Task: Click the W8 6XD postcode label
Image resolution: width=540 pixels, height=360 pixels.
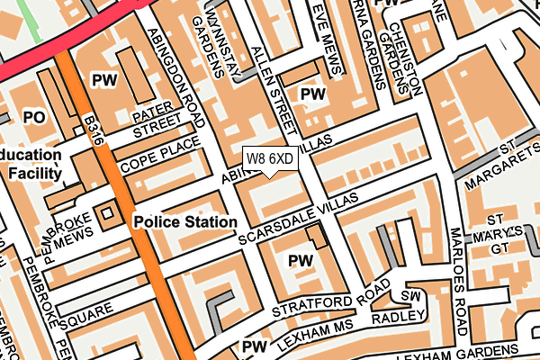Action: coord(269,158)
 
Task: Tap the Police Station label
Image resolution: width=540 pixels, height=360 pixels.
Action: coord(185,220)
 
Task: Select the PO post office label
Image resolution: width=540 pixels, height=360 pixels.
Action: coord(34,117)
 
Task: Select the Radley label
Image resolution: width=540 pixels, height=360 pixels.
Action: coord(394,316)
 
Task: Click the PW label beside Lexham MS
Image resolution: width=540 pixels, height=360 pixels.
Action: coord(255,346)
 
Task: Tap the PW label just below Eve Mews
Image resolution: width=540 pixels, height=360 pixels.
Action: coord(312,94)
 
